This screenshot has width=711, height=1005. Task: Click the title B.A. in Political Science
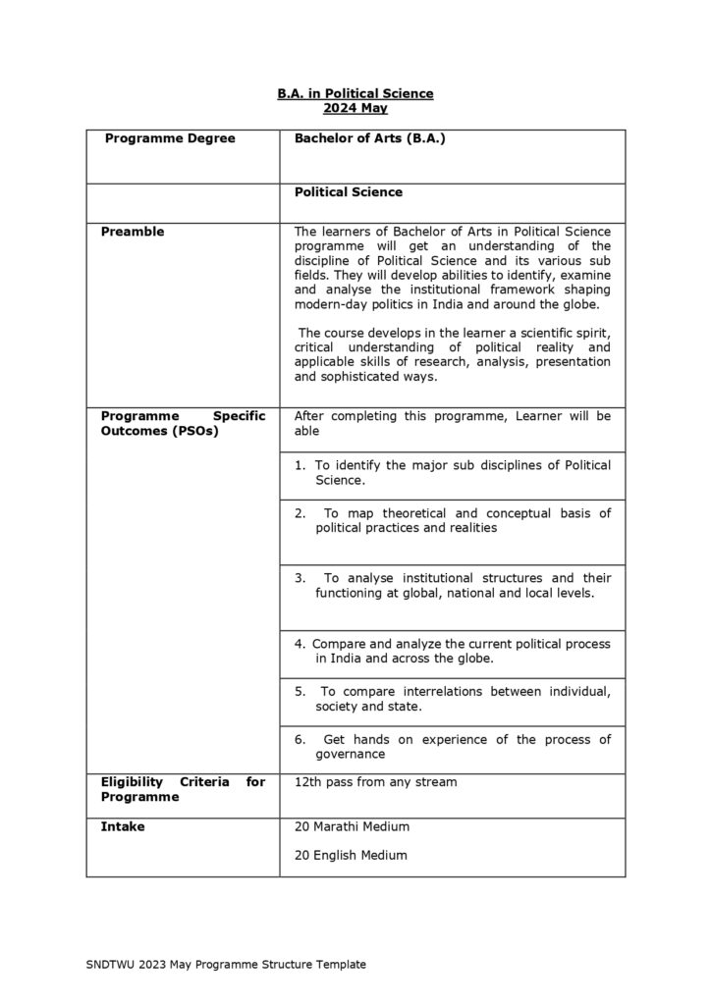[x=355, y=93]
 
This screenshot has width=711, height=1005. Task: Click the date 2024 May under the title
[x=355, y=108]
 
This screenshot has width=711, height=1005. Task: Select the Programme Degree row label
[x=170, y=139]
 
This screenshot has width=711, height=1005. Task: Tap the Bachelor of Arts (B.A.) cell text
[x=370, y=139]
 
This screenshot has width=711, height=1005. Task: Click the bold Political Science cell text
[x=348, y=192]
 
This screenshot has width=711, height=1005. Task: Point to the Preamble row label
[x=133, y=232]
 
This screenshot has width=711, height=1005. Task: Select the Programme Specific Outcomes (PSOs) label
[x=183, y=423]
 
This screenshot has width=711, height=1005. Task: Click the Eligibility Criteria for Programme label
[x=183, y=789]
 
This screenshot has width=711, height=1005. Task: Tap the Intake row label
[x=123, y=826]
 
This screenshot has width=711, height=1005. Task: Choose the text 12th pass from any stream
[x=375, y=782]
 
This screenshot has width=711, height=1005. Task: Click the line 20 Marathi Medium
[x=352, y=826]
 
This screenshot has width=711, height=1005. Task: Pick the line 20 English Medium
[x=351, y=855]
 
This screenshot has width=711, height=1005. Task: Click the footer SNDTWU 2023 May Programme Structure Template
[x=226, y=965]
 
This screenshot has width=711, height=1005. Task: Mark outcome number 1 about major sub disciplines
[x=452, y=472]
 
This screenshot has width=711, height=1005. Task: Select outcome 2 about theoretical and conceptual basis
[x=452, y=520]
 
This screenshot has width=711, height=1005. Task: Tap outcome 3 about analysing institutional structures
[x=452, y=586]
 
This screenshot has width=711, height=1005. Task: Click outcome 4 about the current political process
[x=452, y=651]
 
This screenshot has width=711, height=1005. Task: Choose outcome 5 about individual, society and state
[x=452, y=699]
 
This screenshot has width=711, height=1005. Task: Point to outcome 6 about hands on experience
[x=452, y=747]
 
